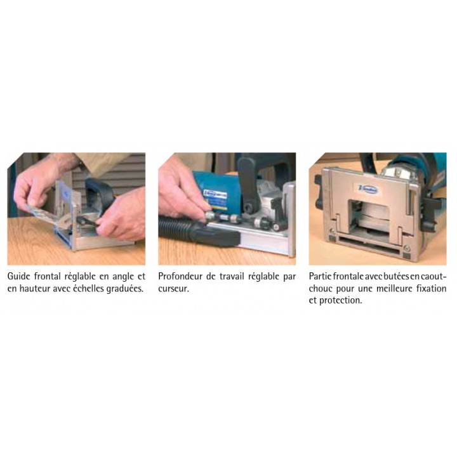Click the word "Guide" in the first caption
click(x=18, y=276)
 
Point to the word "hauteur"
click(x=35, y=289)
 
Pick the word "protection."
click(x=341, y=300)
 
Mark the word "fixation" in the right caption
click(x=432, y=289)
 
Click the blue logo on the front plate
click(x=368, y=189)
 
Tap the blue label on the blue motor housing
click(x=215, y=199)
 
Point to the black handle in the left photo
click(x=100, y=191)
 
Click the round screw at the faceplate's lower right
click(x=407, y=249)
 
